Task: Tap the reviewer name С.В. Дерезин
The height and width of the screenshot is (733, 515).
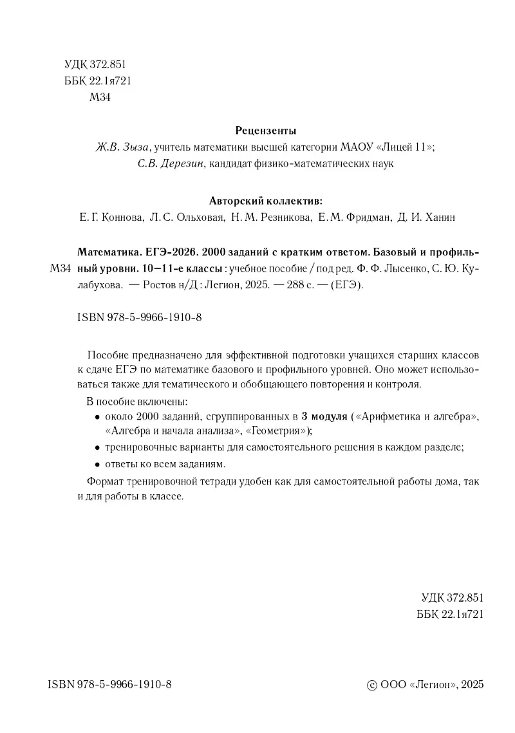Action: (171, 164)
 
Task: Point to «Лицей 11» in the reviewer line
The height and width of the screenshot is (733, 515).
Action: (407, 147)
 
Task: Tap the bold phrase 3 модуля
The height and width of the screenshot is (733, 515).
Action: (324, 416)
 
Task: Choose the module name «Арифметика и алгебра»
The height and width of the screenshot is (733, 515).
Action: (420, 416)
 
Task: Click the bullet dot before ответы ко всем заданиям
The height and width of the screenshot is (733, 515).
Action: (97, 465)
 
